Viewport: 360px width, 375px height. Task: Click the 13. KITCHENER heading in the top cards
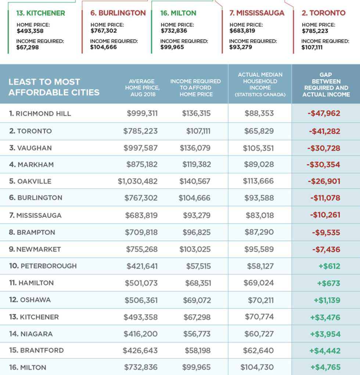coord(40,13)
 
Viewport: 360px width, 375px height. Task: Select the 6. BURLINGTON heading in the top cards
coord(118,13)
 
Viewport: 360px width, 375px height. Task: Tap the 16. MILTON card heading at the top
coord(178,13)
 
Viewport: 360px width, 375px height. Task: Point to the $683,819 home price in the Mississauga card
coord(242,31)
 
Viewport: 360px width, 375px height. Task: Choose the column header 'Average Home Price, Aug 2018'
coord(142,88)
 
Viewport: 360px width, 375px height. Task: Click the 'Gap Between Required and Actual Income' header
coord(326,84)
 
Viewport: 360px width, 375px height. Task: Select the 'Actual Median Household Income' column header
coord(260,84)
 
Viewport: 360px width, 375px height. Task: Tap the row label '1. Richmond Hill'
coord(40,114)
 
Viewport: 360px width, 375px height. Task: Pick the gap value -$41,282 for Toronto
coord(324,131)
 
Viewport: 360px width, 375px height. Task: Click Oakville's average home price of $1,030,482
coord(138,181)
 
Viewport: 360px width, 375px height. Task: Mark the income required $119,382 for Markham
coord(197,165)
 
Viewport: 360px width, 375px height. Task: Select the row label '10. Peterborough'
coord(43,266)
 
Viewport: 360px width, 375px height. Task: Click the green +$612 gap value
coord(329,266)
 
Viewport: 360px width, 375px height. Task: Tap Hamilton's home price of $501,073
coord(141,283)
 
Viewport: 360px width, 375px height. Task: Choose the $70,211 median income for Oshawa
coord(261,300)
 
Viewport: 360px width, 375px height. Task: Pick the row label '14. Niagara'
coord(31,334)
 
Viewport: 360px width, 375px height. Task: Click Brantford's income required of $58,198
coord(197,350)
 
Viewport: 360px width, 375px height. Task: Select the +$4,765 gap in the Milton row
coord(325,367)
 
